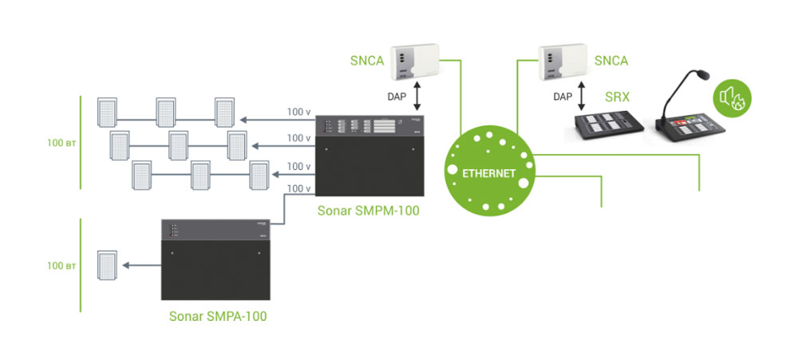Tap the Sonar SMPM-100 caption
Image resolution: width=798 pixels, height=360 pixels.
368,212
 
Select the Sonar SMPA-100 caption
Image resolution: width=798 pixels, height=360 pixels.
217,316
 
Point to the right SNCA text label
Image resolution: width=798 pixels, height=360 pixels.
611,60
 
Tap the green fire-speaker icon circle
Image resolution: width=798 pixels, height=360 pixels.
733,97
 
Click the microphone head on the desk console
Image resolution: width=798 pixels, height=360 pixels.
703,75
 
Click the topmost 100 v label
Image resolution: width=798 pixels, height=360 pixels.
298,112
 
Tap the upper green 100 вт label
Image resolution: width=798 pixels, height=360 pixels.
60,144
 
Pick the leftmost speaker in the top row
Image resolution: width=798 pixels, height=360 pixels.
107,112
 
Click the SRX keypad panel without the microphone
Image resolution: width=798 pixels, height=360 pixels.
607,125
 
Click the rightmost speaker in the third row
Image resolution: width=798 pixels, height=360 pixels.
260,174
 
